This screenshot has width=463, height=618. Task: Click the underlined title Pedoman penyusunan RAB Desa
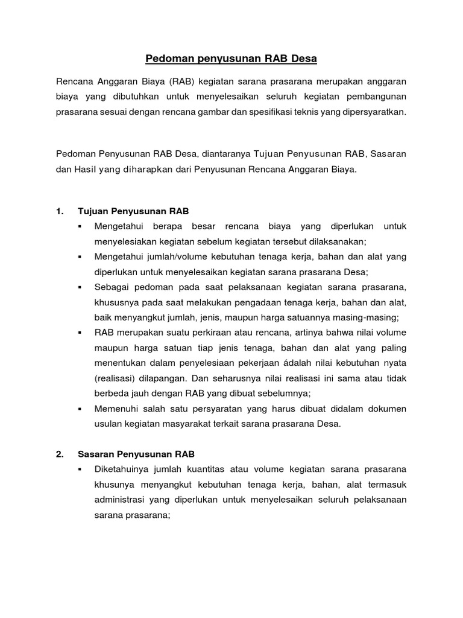pyautogui.click(x=231, y=59)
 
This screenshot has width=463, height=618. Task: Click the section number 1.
pyautogui.click(x=60, y=211)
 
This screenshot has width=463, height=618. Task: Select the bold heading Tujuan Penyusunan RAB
pyautogui.click(x=133, y=211)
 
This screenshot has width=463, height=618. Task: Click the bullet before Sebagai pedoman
pyautogui.click(x=80, y=287)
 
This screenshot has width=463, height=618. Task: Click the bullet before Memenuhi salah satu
pyautogui.click(x=80, y=409)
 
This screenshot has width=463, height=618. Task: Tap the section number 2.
pyautogui.click(x=60, y=454)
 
